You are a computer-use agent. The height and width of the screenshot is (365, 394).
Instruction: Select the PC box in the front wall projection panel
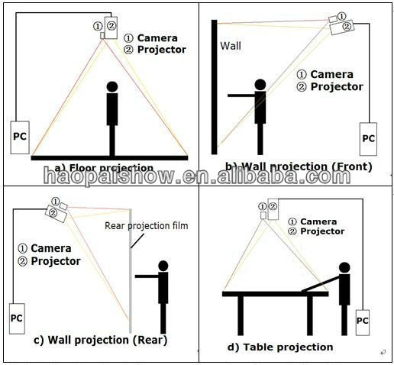[x=369, y=138]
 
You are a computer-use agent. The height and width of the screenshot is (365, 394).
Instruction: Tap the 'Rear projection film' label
[x=147, y=225]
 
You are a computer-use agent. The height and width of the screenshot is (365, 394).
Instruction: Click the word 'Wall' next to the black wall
[x=231, y=46]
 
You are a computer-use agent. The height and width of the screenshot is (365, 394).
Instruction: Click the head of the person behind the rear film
[x=162, y=266]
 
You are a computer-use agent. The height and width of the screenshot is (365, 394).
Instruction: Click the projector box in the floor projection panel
[x=111, y=27]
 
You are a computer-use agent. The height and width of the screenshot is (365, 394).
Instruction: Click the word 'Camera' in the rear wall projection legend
[x=52, y=248]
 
